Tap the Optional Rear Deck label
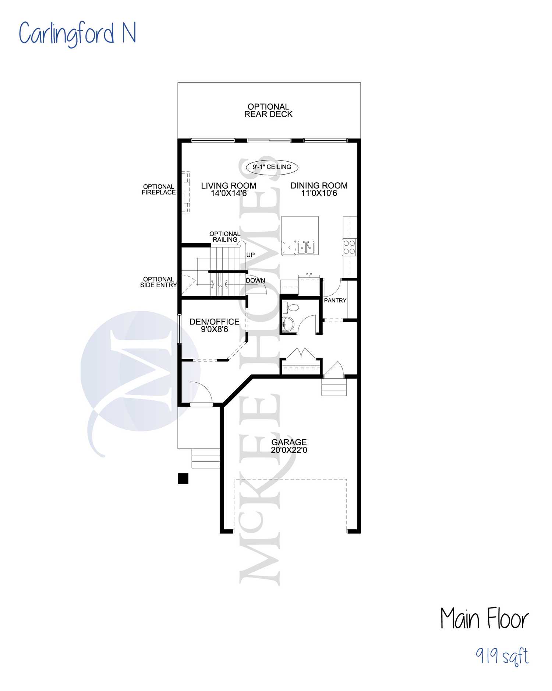coord(268,111)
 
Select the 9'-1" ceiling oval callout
coord(272,167)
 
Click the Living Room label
coord(229,186)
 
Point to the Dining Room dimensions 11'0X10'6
coord(319,193)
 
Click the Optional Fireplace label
coord(159,189)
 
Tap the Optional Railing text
coord(225,236)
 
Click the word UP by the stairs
coord(251,255)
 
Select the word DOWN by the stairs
coord(255,280)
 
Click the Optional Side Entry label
coord(159,282)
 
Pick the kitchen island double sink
coord(306,248)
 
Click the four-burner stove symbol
coord(349,247)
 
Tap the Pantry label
coord(335,301)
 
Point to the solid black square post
coord(183,478)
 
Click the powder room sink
coord(288,324)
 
